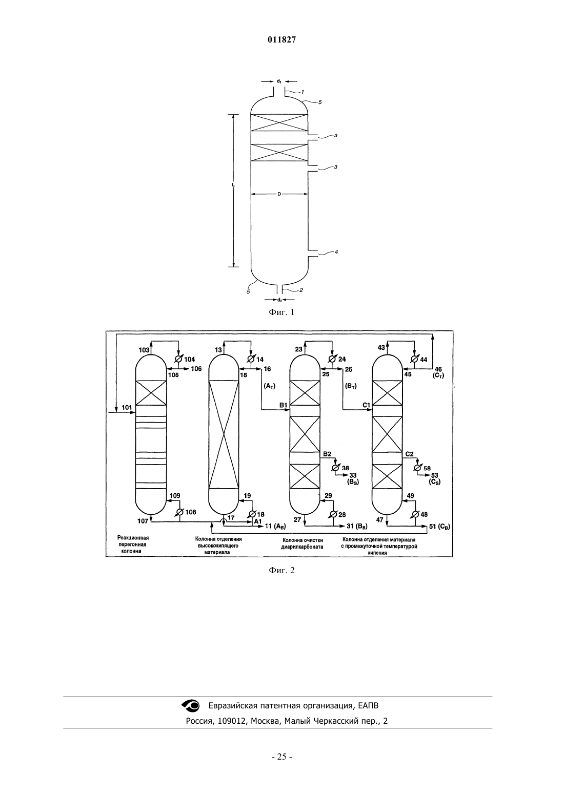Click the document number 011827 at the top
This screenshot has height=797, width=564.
[x=281, y=40]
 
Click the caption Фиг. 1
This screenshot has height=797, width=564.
[x=281, y=312]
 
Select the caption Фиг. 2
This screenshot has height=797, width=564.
[x=281, y=571]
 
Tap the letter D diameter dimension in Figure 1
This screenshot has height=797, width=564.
[x=279, y=194]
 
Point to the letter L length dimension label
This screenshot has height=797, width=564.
[x=233, y=185]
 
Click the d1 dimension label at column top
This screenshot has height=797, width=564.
[x=279, y=81]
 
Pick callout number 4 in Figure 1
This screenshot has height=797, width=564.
[x=336, y=252]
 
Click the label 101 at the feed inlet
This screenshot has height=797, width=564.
[x=127, y=408]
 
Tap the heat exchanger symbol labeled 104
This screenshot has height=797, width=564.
[x=178, y=359]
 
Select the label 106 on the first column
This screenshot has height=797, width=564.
[x=196, y=369]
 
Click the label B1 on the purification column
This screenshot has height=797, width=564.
[x=283, y=405]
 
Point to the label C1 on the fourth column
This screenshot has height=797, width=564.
[x=367, y=405]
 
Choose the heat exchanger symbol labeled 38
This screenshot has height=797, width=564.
[x=335, y=468]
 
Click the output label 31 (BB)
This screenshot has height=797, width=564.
[x=357, y=526]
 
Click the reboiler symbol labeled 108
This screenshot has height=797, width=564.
[x=179, y=512]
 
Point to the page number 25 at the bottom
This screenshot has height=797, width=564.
[x=281, y=757]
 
